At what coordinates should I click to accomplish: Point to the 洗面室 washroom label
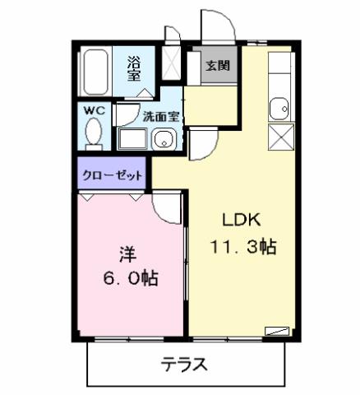tap(159, 116)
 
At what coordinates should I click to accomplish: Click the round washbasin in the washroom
tap(164, 139)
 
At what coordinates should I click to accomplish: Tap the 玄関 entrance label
tap(217, 65)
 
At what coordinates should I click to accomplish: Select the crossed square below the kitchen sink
tap(280, 137)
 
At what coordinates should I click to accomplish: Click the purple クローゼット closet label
tap(113, 174)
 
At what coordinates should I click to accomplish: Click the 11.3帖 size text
tap(243, 245)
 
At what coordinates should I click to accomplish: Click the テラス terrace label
tap(183, 364)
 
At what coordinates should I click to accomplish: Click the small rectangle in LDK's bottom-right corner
tap(278, 331)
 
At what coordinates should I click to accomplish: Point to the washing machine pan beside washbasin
tap(132, 138)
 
